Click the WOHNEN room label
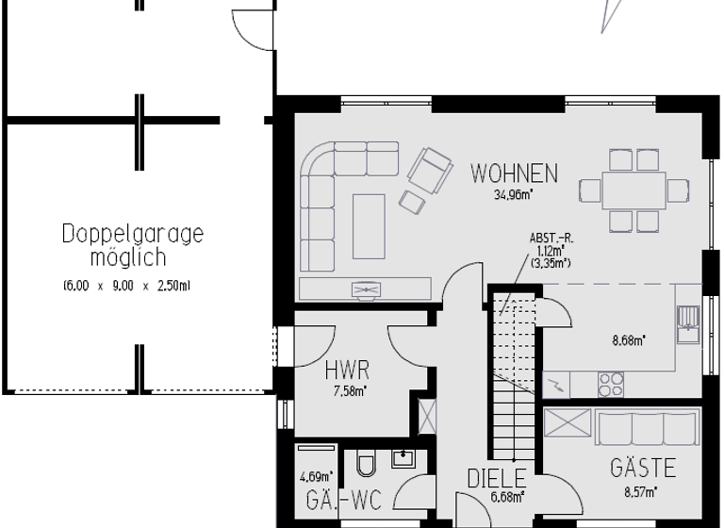(514, 173)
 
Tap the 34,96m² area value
(514, 196)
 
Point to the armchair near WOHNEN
(429, 169)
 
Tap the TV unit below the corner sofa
(365, 289)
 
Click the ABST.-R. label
(551, 239)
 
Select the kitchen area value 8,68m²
(630, 340)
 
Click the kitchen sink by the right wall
(688, 322)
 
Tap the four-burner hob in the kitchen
(610, 384)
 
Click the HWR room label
(346, 371)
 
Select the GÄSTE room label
(643, 468)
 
